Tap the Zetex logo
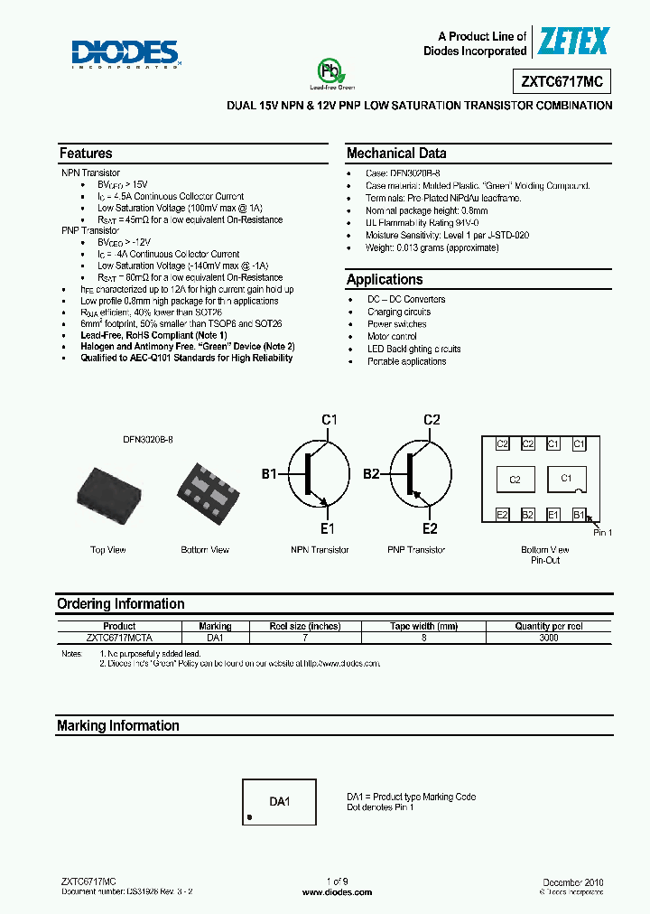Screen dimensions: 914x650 tap(573, 41)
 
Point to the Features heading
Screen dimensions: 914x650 tap(86, 154)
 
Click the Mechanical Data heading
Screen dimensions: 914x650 tap(396, 154)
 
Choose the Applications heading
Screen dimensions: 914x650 tap(385, 280)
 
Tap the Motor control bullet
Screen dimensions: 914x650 tap(392, 336)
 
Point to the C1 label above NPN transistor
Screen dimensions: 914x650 tap(330, 419)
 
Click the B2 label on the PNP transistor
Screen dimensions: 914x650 tap(371, 472)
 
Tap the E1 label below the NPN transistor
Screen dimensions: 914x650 tap(327, 528)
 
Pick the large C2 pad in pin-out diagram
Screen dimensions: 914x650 tap(515, 480)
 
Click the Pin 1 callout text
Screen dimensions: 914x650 tap(602, 533)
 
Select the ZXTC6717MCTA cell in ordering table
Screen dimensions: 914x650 tap(119, 638)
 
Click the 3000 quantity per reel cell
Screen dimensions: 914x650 tap(548, 638)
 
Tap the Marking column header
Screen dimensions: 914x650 tap(215, 626)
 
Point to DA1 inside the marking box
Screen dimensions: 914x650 tap(280, 801)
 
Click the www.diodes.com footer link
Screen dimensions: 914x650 tap(337, 892)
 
